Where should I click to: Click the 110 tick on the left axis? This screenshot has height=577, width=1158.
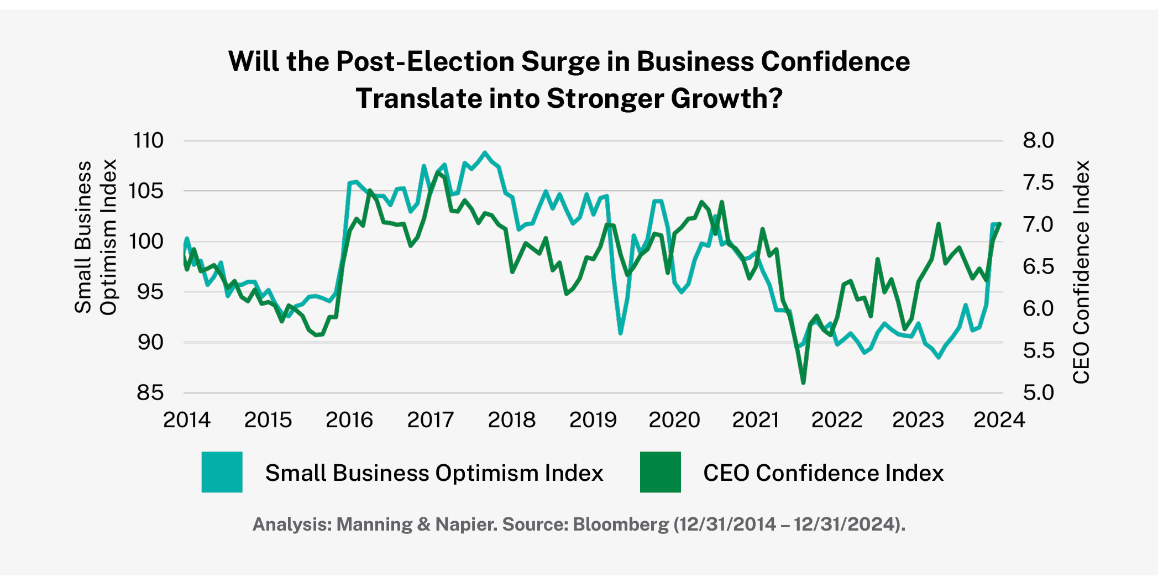(148, 140)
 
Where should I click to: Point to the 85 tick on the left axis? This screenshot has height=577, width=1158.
(150, 393)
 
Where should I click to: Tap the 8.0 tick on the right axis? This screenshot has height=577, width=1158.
(1038, 140)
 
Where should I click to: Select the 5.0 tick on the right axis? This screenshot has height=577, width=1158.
(1038, 393)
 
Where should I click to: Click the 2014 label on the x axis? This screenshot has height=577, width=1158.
(187, 420)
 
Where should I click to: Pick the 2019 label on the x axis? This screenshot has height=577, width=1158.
(593, 420)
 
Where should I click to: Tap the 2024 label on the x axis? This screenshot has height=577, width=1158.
(999, 420)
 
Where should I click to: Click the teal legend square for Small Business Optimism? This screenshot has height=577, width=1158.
(222, 472)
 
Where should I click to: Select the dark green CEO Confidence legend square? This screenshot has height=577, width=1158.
(660, 472)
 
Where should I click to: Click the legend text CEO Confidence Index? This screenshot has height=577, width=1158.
(823, 473)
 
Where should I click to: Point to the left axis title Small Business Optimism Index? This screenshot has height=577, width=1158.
(95, 238)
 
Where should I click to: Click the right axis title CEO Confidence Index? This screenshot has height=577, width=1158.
(1081, 272)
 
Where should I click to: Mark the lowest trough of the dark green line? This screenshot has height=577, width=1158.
(803, 382)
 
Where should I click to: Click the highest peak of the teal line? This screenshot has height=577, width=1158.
(485, 153)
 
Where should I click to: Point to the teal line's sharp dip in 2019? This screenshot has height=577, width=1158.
(620, 333)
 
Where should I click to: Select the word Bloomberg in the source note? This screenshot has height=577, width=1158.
(620, 524)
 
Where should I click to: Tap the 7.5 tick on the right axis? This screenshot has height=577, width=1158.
(1038, 182)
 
